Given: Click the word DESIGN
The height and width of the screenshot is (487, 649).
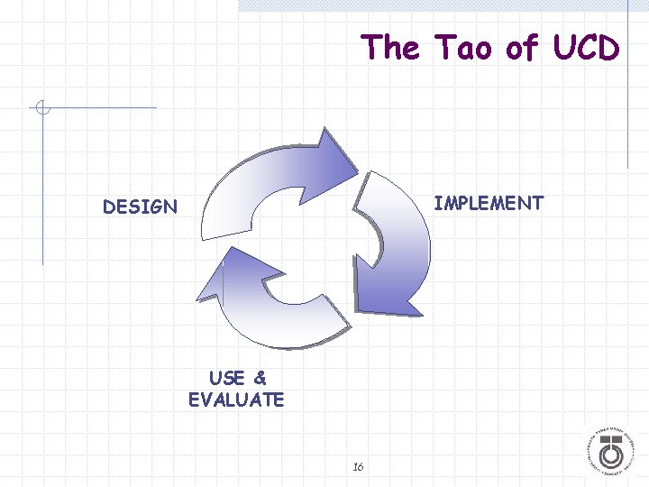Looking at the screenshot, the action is pos(140,207).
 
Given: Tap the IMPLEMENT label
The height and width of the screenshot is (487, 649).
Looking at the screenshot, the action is pos(489,203).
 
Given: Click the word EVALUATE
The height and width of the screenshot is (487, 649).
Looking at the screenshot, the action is pos(236,400).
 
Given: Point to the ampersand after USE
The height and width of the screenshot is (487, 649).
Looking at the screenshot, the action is pos(260,378).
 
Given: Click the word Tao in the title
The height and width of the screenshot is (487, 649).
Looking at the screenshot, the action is pos(463,47).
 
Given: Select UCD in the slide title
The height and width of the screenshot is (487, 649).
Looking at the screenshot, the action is pos(586,47).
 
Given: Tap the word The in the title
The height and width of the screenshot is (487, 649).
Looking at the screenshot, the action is pos(390,47).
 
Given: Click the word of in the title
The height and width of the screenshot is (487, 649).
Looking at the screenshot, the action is pos(522,47).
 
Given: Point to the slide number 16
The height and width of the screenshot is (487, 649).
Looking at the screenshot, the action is pos(358,466).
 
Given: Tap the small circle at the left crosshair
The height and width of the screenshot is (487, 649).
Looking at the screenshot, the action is pos(41,109).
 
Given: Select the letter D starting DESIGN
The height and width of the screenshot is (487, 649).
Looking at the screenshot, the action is pos(109,207).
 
